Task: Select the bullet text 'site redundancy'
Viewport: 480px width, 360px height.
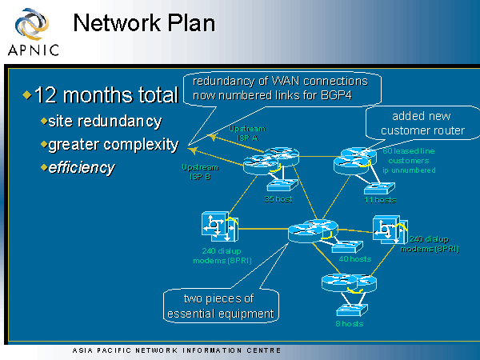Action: tap(104, 122)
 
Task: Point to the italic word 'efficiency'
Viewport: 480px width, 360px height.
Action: tap(81, 168)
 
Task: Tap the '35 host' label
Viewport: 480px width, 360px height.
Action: tap(277, 198)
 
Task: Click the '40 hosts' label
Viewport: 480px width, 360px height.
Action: tap(354, 259)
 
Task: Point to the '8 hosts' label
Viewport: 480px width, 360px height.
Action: tap(350, 323)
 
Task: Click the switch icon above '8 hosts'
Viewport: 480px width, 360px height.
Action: tap(349, 307)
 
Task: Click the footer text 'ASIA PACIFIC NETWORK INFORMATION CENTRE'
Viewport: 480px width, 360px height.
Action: tap(176, 350)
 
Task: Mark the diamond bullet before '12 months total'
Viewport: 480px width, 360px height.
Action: tap(26, 96)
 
